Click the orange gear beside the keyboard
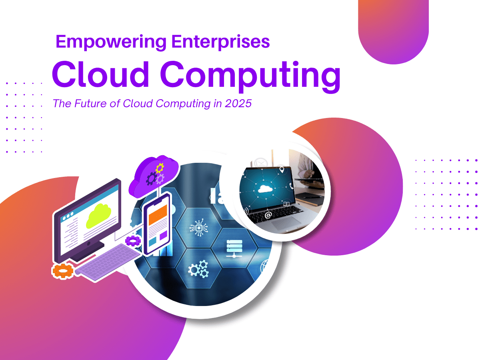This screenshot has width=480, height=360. tap(63, 271)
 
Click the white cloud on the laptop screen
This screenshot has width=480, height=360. tap(265, 188)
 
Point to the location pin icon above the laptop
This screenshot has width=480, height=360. tap(282, 170)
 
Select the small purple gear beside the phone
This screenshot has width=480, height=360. tap(133, 240)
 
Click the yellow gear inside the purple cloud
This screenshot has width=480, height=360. tap(159, 168)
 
